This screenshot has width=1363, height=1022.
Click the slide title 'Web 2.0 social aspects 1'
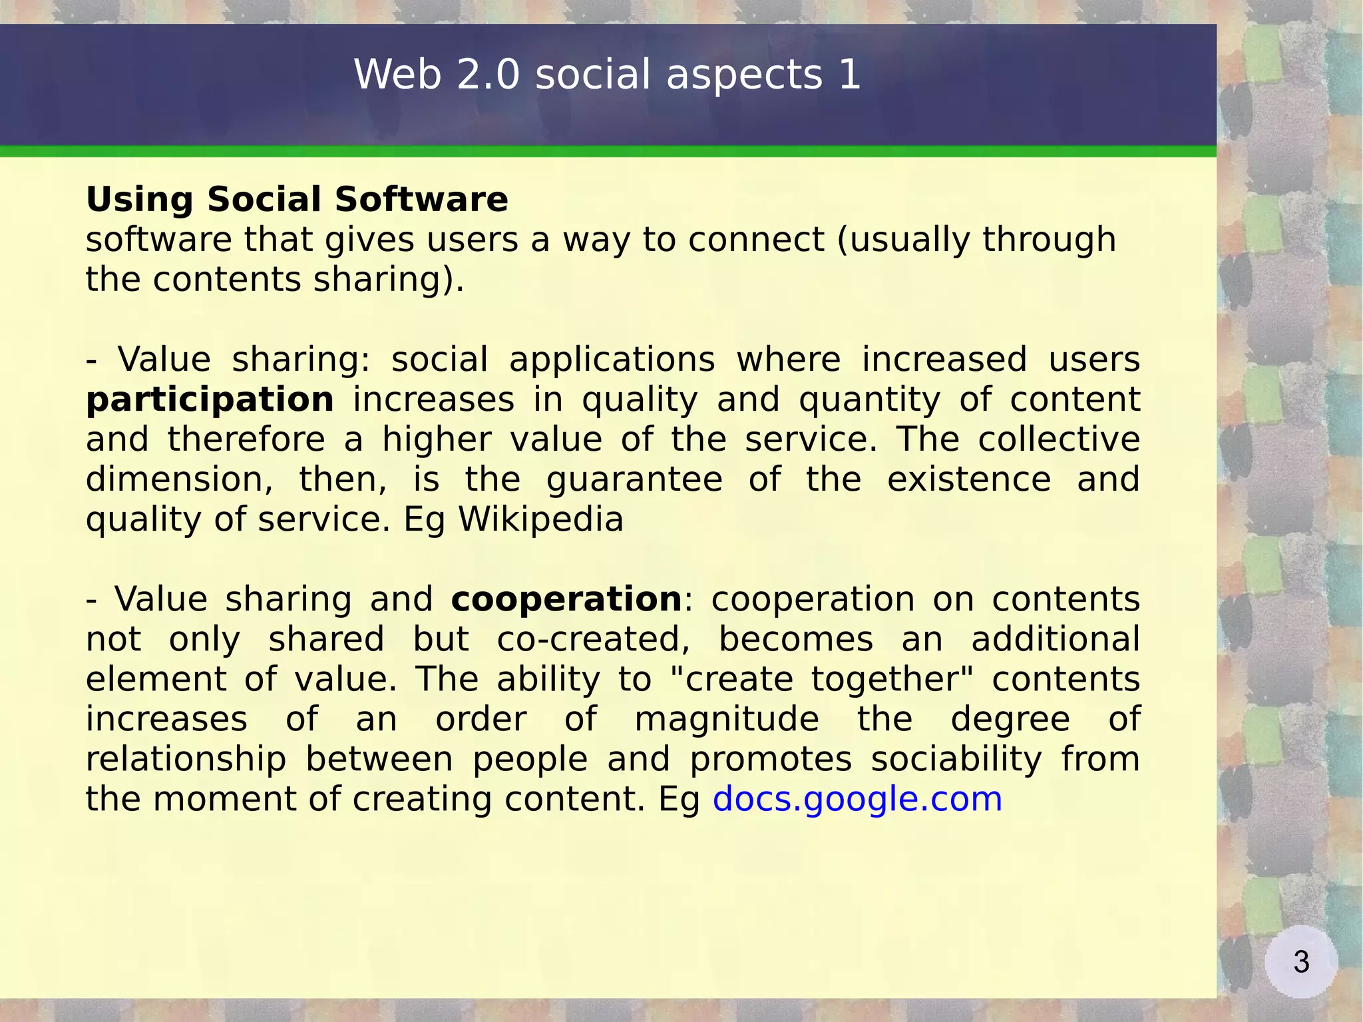click(607, 74)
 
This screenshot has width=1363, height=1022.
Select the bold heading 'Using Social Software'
click(297, 199)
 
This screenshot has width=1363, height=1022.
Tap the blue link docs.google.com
click(857, 799)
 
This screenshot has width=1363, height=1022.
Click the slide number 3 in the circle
click(1301, 962)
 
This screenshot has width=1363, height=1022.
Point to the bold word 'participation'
click(210, 399)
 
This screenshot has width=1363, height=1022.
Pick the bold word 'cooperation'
click(566, 599)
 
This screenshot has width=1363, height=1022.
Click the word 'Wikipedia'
click(541, 519)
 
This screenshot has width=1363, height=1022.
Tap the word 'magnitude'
click(727, 719)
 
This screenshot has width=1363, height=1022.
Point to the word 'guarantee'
click(634, 479)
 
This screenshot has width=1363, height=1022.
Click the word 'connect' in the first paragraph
click(756, 240)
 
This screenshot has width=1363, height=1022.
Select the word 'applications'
click(612, 360)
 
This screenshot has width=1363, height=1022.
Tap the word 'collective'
click(1059, 439)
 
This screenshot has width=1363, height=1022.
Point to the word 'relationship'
click(186, 759)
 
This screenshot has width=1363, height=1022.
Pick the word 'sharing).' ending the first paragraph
click(389, 280)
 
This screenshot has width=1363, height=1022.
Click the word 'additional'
click(1056, 639)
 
